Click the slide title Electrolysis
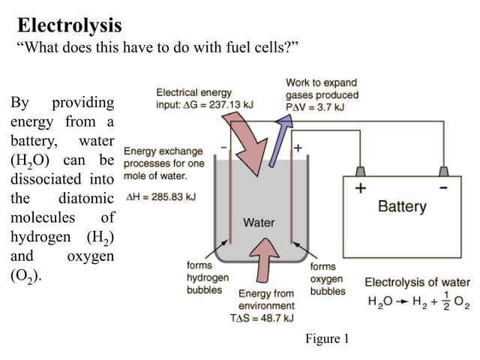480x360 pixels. (x=69, y=25)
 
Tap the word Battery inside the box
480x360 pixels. (x=402, y=206)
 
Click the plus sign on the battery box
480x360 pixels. (x=361, y=189)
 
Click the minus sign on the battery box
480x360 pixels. (x=445, y=188)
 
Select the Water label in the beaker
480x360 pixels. (x=259, y=223)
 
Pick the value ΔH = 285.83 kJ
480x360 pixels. (x=159, y=197)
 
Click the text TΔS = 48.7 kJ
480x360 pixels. (x=265, y=318)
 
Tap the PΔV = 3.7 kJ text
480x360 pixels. (x=316, y=106)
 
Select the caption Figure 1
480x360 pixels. (x=327, y=339)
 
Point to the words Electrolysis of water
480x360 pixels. (x=417, y=283)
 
